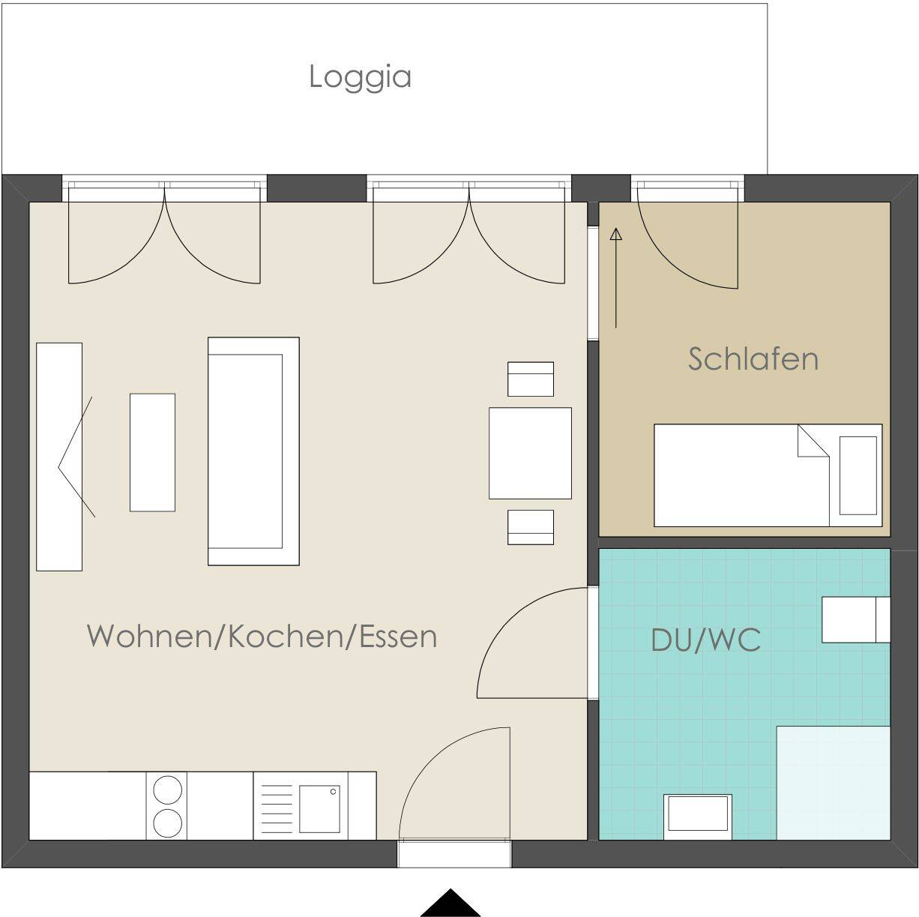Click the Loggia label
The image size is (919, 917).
(360, 77)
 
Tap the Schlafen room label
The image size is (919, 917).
(753, 359)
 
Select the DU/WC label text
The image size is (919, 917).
(705, 640)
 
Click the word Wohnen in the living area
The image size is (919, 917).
(149, 636)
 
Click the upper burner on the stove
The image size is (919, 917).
(167, 791)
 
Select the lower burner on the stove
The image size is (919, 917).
(167, 823)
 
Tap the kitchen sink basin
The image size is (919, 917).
(319, 808)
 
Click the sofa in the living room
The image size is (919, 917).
(253, 451)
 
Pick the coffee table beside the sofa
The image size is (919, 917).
(152, 452)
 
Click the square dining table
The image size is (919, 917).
(530, 453)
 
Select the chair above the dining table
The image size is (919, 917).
(530, 379)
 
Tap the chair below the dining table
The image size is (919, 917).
(530, 526)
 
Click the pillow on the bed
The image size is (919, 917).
(858, 475)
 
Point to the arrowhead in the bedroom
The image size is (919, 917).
(616, 235)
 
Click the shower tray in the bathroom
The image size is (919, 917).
(833, 783)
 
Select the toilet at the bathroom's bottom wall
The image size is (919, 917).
(698, 816)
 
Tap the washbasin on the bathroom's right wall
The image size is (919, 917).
(855, 619)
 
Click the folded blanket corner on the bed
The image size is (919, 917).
(811, 442)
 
